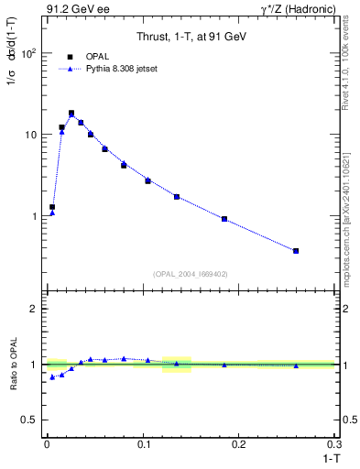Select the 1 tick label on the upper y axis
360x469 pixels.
click(x=32, y=216)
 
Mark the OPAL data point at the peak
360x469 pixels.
click(x=71, y=114)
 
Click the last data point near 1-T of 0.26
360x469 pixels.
click(x=296, y=250)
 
